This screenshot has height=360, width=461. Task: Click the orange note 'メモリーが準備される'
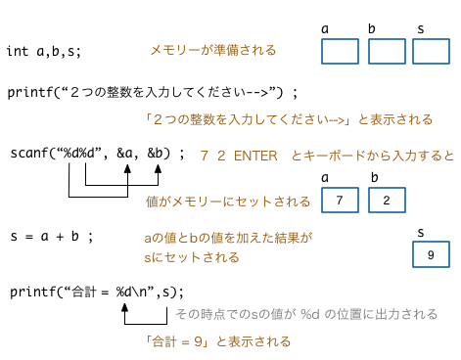(x=212, y=50)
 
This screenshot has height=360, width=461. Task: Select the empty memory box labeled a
(x=340, y=51)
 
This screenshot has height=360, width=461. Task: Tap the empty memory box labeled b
(x=387, y=51)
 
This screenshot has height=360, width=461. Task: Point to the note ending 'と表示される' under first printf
(x=286, y=119)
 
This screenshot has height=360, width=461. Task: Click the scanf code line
(x=97, y=154)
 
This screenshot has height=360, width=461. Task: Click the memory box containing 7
(x=340, y=201)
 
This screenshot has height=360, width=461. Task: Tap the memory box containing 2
(x=387, y=201)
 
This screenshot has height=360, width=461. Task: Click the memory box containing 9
(x=431, y=255)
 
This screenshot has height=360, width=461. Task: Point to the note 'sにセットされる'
(x=191, y=257)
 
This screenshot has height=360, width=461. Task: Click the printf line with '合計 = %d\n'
(x=98, y=292)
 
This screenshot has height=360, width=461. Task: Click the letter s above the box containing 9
(x=420, y=232)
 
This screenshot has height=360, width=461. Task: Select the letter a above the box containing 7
(x=326, y=178)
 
